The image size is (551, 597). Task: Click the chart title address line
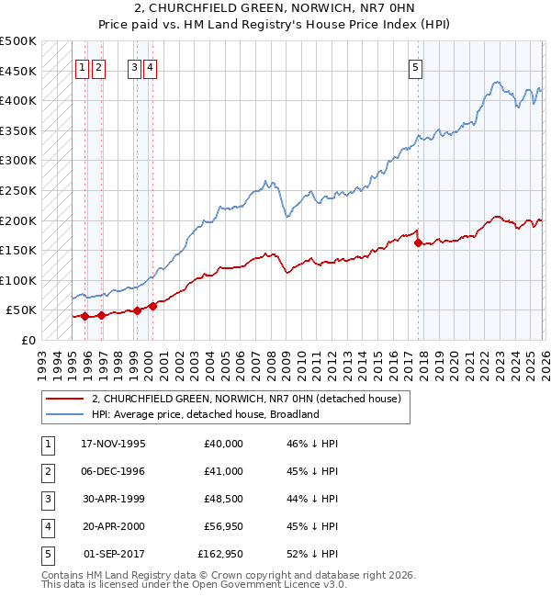(x=275, y=10)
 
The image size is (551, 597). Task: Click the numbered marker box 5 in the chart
(x=416, y=66)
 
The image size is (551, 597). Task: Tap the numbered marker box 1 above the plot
(x=82, y=66)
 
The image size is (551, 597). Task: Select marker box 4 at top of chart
(x=150, y=66)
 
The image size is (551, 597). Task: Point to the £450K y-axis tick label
(x=18, y=71)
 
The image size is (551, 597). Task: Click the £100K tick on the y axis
(x=18, y=280)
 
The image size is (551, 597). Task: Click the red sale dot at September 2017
(x=419, y=243)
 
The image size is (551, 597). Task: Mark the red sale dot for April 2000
(x=152, y=307)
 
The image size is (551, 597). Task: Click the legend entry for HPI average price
(x=204, y=414)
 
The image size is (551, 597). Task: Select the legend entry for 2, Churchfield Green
(x=246, y=399)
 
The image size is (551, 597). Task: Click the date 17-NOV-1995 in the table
(x=114, y=444)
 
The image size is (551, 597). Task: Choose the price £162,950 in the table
(x=220, y=554)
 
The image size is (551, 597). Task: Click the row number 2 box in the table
(x=46, y=471)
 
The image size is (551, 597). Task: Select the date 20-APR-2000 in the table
(x=114, y=526)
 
